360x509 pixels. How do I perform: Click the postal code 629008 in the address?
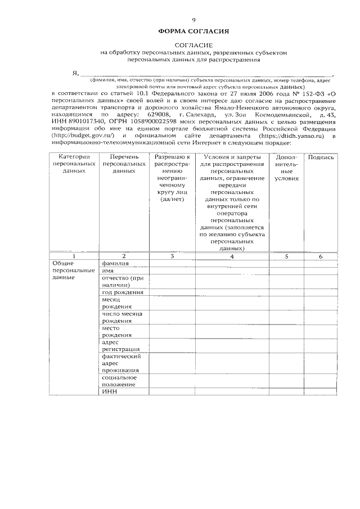pos(156,114)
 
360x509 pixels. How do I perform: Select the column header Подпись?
pos(321,157)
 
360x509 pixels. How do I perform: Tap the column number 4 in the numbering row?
pos(232,256)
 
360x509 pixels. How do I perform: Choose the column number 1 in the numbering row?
pos(74,256)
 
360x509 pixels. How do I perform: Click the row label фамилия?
pos(114,263)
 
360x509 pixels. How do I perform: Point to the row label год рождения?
pos(122,292)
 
